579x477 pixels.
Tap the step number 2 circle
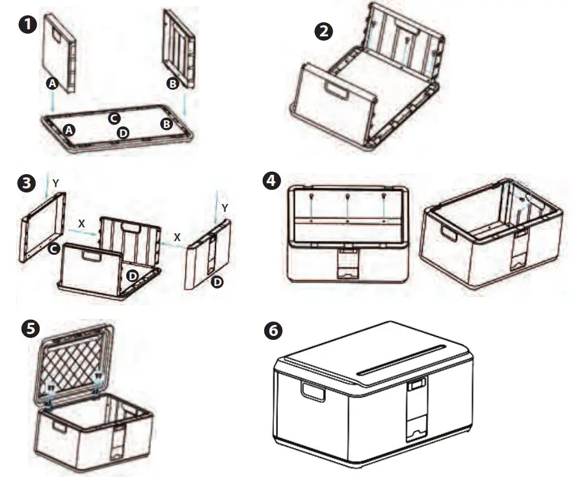point(323,32)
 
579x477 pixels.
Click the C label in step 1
point(114,118)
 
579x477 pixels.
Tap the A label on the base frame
point(69,130)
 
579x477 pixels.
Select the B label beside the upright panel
point(172,83)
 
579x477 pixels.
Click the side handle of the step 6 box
point(312,392)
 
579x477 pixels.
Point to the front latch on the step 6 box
point(416,410)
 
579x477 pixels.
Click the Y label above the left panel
point(56,184)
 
